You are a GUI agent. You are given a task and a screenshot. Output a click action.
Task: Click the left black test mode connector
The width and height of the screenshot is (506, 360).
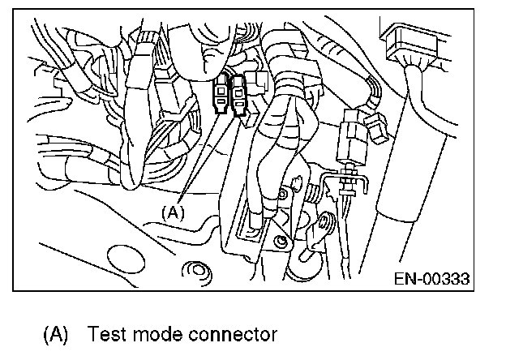pos(221,96)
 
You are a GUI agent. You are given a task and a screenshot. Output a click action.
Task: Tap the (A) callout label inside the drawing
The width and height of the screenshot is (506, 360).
pos(174,212)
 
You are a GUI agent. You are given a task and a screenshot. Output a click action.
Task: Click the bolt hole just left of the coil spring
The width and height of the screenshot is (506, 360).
pos(285,195)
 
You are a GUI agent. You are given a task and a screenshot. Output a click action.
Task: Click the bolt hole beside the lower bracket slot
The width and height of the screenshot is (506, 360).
pos(280,242)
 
